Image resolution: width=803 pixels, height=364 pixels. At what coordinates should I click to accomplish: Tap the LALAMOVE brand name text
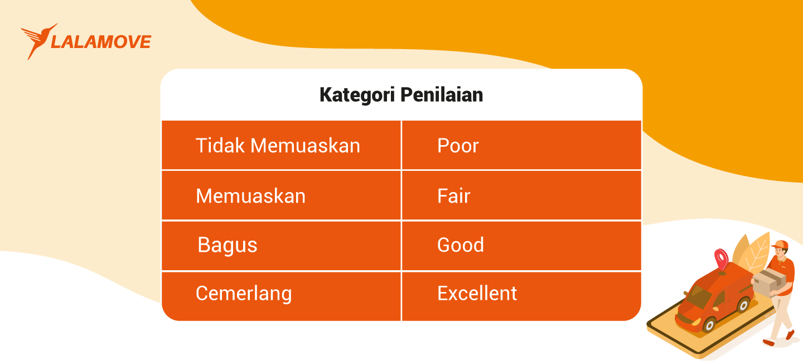tap(101, 42)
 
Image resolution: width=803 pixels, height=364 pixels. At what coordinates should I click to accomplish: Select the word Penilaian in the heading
tap(442, 95)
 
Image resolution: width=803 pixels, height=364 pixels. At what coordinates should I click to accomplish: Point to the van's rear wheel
tap(743, 304)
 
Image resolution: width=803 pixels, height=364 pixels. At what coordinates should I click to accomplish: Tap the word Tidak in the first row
tap(220, 146)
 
